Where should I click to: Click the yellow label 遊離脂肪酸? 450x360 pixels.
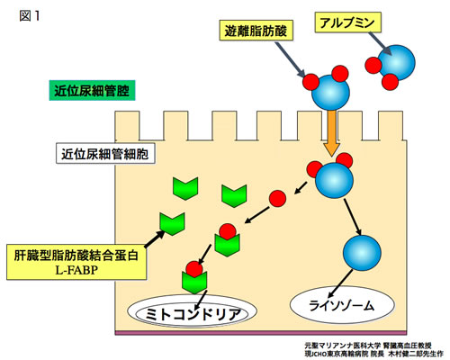256,31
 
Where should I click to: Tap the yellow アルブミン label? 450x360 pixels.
347,22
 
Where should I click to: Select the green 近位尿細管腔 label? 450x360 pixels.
92,90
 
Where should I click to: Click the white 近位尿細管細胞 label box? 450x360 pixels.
105,154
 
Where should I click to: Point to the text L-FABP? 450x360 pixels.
76,270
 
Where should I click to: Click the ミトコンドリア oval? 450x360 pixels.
192,312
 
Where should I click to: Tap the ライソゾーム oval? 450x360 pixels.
342,305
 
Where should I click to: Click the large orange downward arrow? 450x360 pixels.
331,133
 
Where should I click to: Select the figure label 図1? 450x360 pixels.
30,16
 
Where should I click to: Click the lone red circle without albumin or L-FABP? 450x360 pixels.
277,198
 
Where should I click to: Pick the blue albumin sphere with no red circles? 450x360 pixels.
362,252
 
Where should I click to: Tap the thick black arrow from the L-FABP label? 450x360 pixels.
155,238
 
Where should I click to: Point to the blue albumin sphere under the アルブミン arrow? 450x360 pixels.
397,63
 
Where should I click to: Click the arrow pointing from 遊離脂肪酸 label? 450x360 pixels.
290,60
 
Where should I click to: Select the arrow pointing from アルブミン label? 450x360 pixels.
381,44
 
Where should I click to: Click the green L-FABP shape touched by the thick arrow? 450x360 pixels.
172,224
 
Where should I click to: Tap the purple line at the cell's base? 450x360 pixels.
261,333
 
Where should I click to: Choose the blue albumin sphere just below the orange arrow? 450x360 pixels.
334,180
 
